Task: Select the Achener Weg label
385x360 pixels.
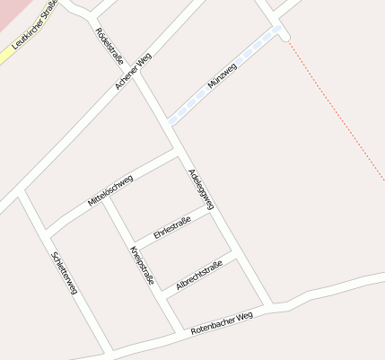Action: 134,70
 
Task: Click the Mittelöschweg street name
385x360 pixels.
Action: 110,191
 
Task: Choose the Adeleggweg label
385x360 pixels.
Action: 201,189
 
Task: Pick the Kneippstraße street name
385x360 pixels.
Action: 142,265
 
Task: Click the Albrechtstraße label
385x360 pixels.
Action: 198,274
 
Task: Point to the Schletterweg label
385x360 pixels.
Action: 65,274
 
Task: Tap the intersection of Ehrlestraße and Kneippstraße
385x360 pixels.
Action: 136,242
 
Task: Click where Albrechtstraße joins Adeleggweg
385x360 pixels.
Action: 237,258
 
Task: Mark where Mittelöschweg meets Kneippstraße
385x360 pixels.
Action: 106,198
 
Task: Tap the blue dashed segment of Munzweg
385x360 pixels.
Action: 224,77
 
